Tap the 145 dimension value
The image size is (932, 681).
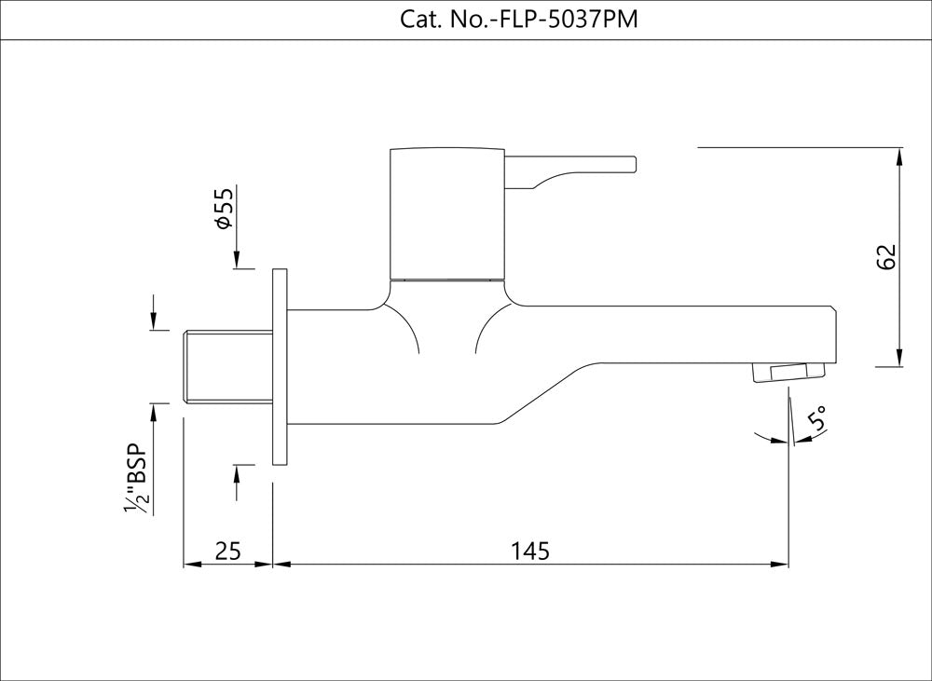[x=530, y=551]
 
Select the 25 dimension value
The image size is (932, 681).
[x=227, y=551]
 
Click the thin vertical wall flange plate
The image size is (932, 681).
[x=279, y=366]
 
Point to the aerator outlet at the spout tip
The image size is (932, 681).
[x=788, y=374]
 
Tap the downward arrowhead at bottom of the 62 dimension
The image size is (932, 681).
[x=898, y=358]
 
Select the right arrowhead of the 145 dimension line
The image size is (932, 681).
[x=780, y=564]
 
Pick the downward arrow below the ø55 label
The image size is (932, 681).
[x=238, y=258]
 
